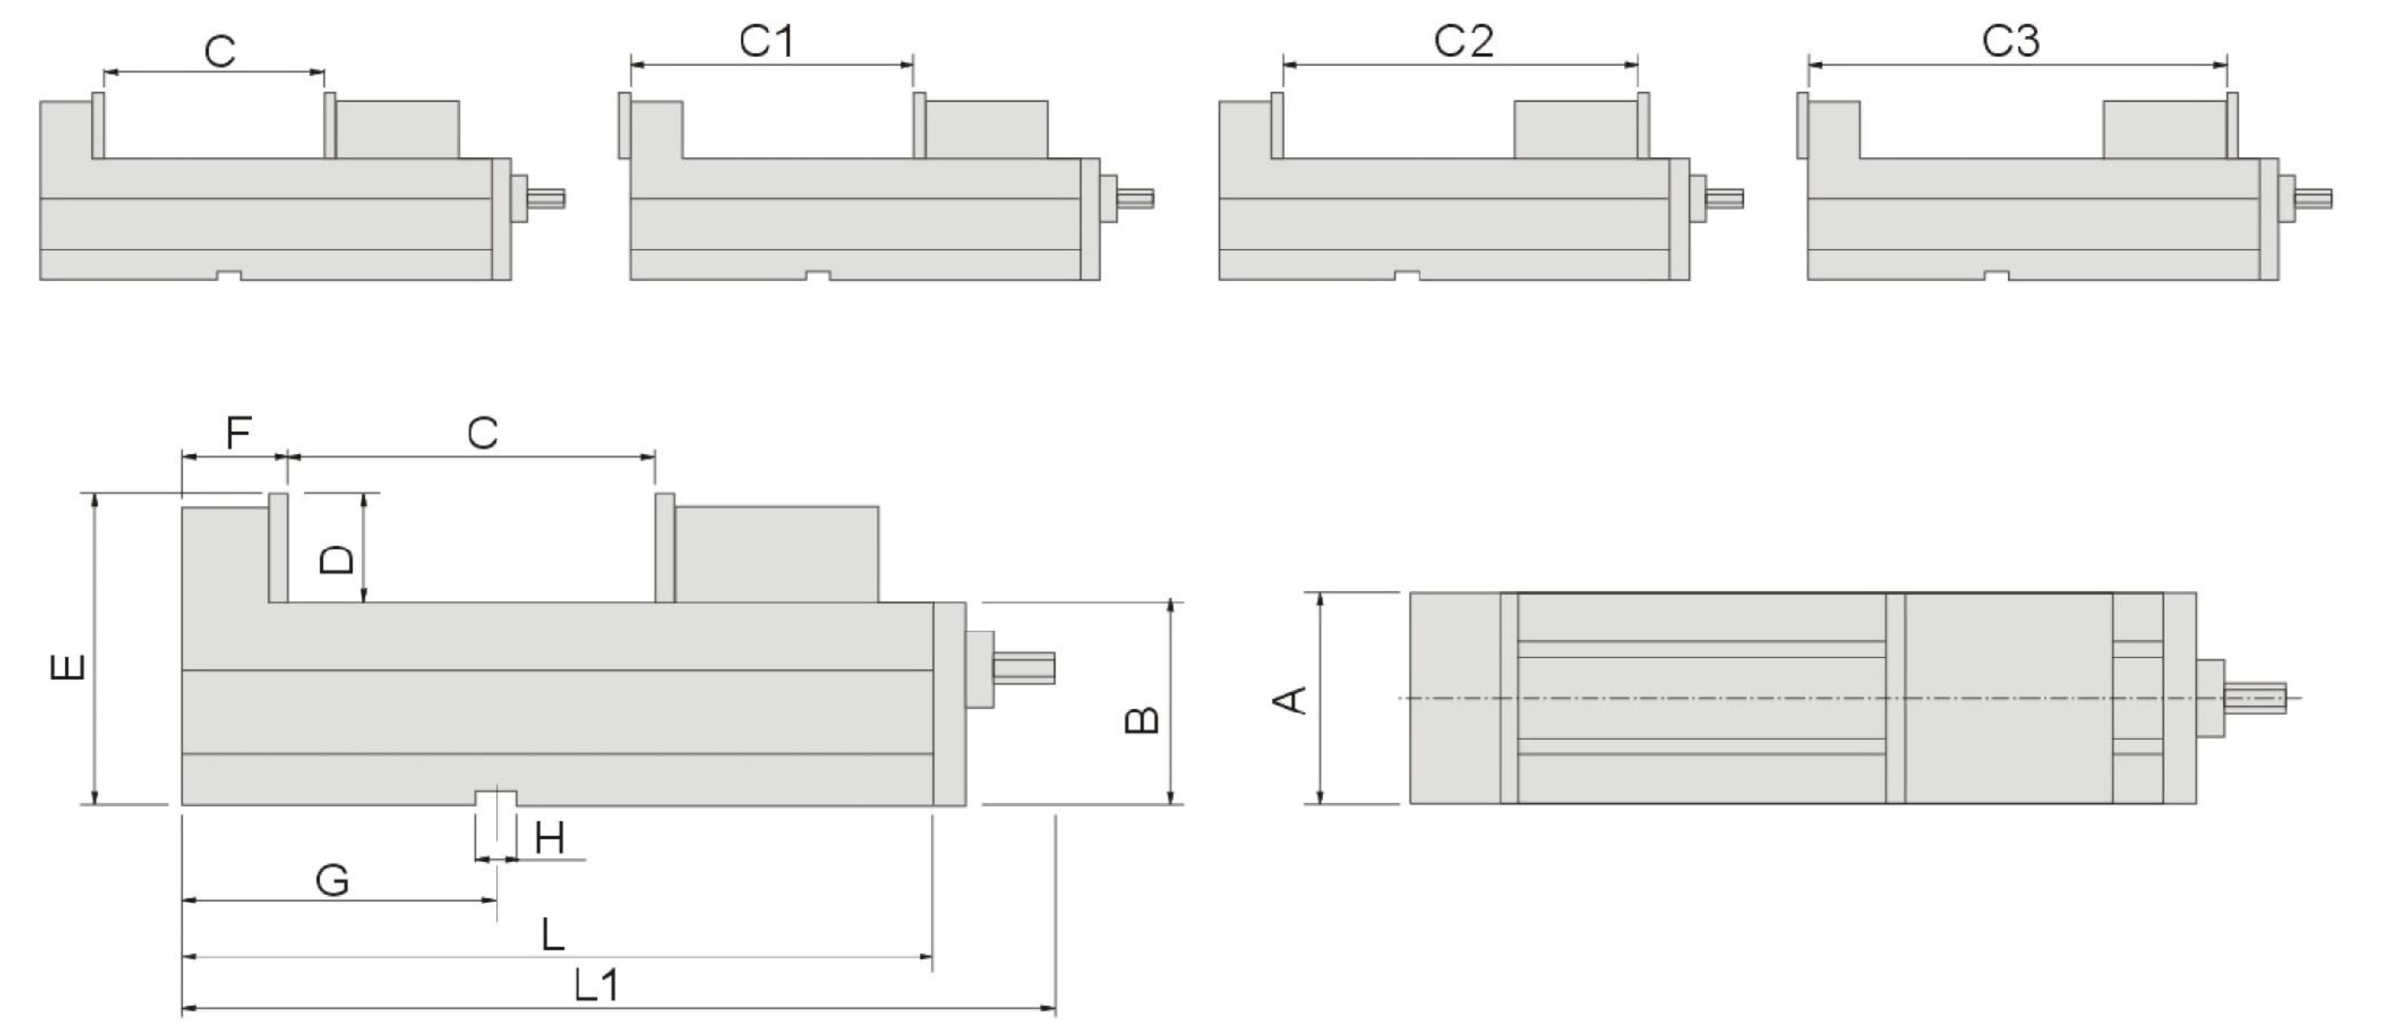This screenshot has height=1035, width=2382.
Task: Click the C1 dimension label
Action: tap(767, 42)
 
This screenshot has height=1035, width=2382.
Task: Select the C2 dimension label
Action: tap(1463, 42)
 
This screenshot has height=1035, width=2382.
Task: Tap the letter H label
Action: tap(549, 839)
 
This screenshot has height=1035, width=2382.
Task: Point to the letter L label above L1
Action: tap(552, 935)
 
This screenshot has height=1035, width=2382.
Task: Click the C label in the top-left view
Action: tap(220, 52)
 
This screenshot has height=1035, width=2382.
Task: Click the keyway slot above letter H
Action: tap(496, 797)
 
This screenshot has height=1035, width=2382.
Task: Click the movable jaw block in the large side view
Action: tap(776, 554)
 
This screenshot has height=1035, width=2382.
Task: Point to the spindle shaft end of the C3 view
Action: tap(2315, 198)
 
